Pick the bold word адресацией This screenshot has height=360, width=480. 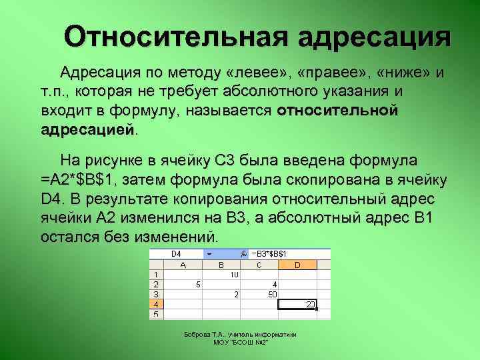point(87,129)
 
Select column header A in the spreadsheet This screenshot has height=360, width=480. point(183,265)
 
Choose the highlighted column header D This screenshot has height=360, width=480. point(297,265)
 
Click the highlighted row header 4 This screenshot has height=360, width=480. point(156,303)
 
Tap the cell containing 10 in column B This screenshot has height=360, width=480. point(234,275)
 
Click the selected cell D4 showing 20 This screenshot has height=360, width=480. point(298,304)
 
